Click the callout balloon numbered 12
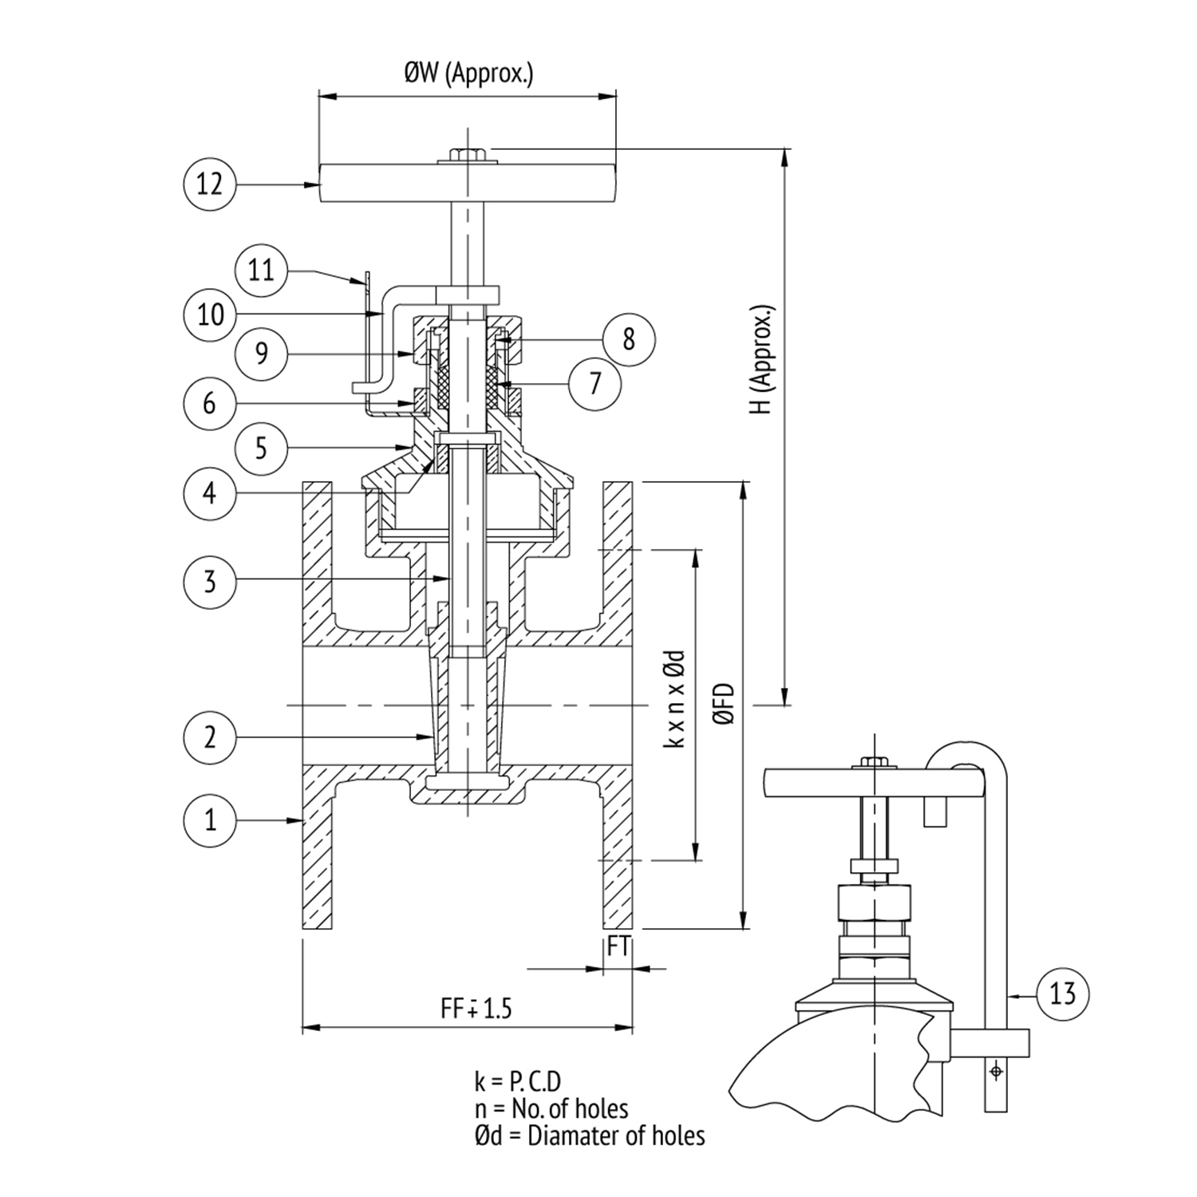point(210,184)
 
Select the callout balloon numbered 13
point(1062,994)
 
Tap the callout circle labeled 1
point(210,819)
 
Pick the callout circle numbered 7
point(595,384)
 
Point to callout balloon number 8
point(628,339)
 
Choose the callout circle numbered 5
point(262,448)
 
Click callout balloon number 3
point(210,581)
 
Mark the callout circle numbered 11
point(262,271)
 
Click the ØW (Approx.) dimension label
point(468,74)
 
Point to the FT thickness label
point(618,946)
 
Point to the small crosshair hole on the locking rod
point(995,1070)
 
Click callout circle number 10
point(210,314)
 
